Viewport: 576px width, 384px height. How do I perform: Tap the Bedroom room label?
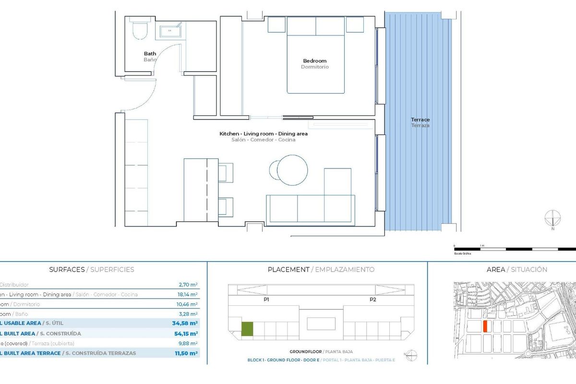click(x=314, y=61)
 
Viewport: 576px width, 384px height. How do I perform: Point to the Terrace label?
click(x=420, y=120)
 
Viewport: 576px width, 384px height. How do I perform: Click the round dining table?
click(x=292, y=169)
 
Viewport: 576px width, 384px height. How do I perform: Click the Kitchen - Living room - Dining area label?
click(x=264, y=134)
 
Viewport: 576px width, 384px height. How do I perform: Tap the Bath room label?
click(x=150, y=54)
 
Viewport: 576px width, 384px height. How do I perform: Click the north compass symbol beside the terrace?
click(x=553, y=218)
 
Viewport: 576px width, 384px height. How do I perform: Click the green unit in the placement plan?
click(x=247, y=328)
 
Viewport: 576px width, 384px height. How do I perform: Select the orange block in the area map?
click(x=485, y=326)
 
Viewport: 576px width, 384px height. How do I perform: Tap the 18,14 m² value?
click(x=188, y=294)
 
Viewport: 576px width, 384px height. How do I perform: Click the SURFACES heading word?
click(x=67, y=270)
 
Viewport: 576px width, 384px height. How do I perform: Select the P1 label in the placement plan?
click(x=266, y=299)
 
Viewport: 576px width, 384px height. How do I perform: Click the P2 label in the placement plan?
click(x=372, y=299)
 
